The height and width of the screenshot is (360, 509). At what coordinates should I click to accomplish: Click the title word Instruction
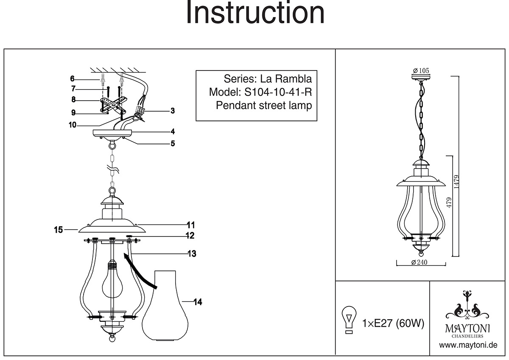(x=255, y=14)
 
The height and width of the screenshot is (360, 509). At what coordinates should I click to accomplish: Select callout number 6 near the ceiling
(x=73, y=79)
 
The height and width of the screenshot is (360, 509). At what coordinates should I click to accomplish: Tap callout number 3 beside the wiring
(x=173, y=111)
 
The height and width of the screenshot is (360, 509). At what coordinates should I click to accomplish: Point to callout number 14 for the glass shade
(x=197, y=302)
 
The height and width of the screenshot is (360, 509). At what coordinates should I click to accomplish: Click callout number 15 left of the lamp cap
(x=59, y=230)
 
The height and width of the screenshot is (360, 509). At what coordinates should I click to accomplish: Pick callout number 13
(x=192, y=254)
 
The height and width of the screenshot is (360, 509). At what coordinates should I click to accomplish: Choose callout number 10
(x=73, y=125)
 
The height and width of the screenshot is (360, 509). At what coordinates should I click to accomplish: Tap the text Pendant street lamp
(x=264, y=105)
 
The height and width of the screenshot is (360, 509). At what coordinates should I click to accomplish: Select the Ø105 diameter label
(x=421, y=70)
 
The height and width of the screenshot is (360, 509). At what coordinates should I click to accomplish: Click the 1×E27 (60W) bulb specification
(x=393, y=324)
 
